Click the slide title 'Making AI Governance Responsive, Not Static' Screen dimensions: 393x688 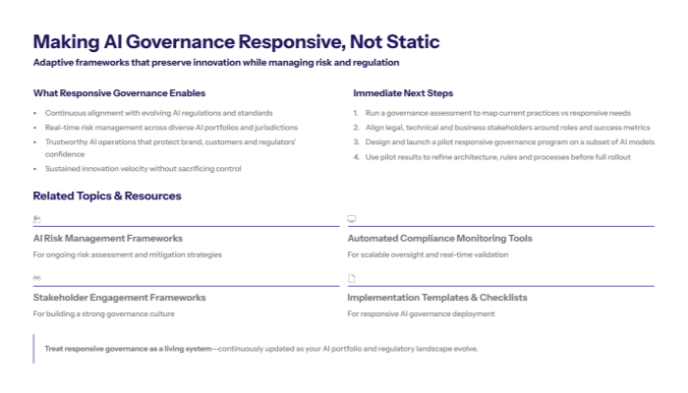[x=236, y=41]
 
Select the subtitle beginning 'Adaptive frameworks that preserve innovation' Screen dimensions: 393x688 [x=216, y=63]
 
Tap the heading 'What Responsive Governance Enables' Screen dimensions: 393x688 [x=119, y=93]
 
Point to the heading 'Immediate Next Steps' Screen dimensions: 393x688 [x=403, y=93]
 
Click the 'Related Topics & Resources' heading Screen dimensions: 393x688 [x=107, y=196]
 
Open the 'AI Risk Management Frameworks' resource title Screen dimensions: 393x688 [x=107, y=238]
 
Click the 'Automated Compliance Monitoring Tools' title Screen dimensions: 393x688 [x=439, y=238]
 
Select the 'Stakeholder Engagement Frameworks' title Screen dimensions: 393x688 [x=119, y=297]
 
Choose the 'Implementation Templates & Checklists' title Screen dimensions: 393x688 [x=437, y=297]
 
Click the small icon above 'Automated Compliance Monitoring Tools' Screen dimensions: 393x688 [x=352, y=219]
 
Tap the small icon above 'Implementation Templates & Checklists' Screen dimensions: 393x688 [x=352, y=278]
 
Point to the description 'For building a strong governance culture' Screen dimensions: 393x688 [x=103, y=313]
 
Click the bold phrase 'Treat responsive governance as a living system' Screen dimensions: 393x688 [x=128, y=349]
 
